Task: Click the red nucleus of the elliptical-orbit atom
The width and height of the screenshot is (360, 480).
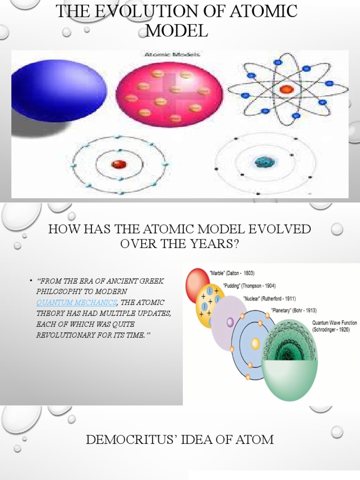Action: (286, 89)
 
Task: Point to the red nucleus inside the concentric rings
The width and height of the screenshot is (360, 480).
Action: (119, 165)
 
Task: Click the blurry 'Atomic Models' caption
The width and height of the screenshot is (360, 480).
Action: (171, 54)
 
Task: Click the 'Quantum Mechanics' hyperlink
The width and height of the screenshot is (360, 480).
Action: (76, 301)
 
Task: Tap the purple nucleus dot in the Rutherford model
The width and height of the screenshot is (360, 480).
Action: (230, 322)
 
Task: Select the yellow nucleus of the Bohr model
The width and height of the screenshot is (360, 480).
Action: (255, 343)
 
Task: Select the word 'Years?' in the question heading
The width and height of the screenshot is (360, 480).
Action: (216, 244)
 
